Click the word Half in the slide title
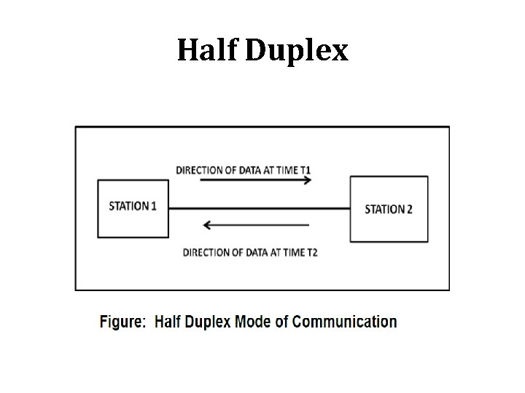tap(208, 50)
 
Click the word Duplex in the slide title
tap(297, 52)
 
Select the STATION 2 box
tap(388, 209)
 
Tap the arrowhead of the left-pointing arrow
tap(208, 226)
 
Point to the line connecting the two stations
tap(259, 209)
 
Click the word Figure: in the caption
tap(122, 322)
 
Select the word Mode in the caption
tap(254, 322)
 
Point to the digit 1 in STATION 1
tap(154, 206)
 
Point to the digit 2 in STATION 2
tap(409, 209)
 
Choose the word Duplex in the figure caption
tap(208, 322)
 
